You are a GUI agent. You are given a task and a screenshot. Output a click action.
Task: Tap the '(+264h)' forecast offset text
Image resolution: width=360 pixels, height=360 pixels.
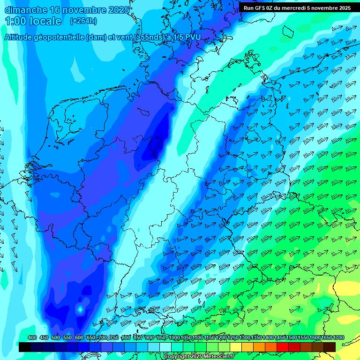pyautogui.click(x=83, y=21)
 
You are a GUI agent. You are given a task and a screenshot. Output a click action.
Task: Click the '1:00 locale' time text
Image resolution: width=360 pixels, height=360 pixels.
pyautogui.click(x=33, y=21)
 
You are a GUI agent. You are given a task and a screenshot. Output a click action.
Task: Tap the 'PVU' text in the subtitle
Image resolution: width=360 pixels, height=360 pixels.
pyautogui.click(x=192, y=37)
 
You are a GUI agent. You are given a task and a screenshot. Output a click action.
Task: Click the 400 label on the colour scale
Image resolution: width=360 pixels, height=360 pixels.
pyautogui.click(x=32, y=337)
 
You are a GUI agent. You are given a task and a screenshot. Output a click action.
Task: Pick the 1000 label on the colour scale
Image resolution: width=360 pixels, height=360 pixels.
pyautogui.click(x=175, y=337)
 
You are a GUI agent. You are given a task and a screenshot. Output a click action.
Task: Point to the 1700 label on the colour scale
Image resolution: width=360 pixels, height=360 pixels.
pyautogui.click(x=339, y=337)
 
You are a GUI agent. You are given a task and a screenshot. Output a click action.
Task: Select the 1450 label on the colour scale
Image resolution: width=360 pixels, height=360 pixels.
pyautogui.click(x=280, y=337)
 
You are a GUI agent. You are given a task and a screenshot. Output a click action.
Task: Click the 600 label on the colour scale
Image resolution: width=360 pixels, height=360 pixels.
pyautogui.click(x=79, y=337)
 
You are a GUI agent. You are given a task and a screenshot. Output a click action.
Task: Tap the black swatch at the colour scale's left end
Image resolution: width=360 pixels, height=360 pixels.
pyautogui.click(x=25, y=347)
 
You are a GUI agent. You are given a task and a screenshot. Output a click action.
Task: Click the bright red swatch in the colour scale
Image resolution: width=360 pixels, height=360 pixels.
pyautogui.click(x=283, y=347)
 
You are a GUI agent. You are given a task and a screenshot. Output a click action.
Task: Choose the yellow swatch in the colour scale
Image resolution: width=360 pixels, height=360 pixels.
pyautogui.click(x=236, y=347)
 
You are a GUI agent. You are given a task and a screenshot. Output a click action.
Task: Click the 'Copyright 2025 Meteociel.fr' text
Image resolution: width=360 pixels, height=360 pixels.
pyautogui.click(x=199, y=357)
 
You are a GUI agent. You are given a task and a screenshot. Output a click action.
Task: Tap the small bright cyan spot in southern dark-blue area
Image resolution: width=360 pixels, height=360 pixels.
pyautogui.click(x=80, y=309)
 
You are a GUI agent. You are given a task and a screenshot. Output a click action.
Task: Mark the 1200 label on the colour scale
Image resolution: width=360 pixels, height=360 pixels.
pyautogui.click(x=222, y=337)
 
